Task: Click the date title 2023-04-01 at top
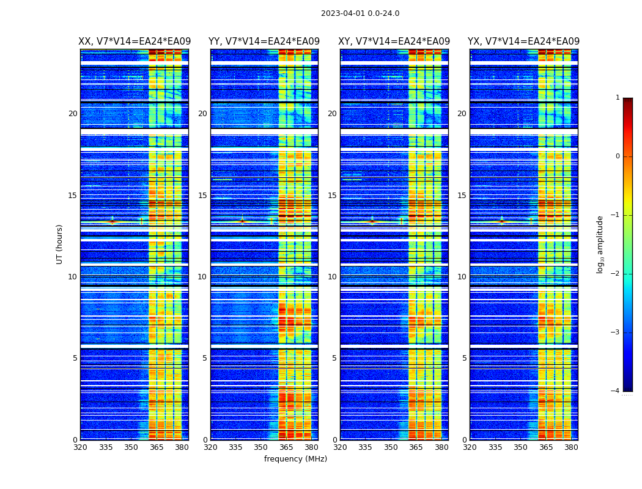[x=360, y=13]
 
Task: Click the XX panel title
[x=135, y=42]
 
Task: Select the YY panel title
[x=264, y=42]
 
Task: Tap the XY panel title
[x=394, y=42]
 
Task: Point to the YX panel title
[x=524, y=42]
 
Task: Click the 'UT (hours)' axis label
[x=60, y=244]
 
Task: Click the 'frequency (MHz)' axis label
[x=295, y=459]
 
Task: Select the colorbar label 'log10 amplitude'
[x=600, y=244]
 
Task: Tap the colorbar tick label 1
[x=618, y=98]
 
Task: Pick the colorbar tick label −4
[x=616, y=391]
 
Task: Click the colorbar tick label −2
[x=616, y=274]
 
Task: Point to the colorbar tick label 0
[x=618, y=156]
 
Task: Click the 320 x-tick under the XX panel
[x=80, y=447]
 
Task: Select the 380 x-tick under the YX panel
[x=571, y=447]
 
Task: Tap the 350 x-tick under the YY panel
[x=261, y=447]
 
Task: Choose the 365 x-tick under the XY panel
[x=416, y=447]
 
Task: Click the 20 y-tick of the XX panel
[x=73, y=114]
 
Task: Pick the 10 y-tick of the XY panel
[x=332, y=277]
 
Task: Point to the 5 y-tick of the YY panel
[x=205, y=358]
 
